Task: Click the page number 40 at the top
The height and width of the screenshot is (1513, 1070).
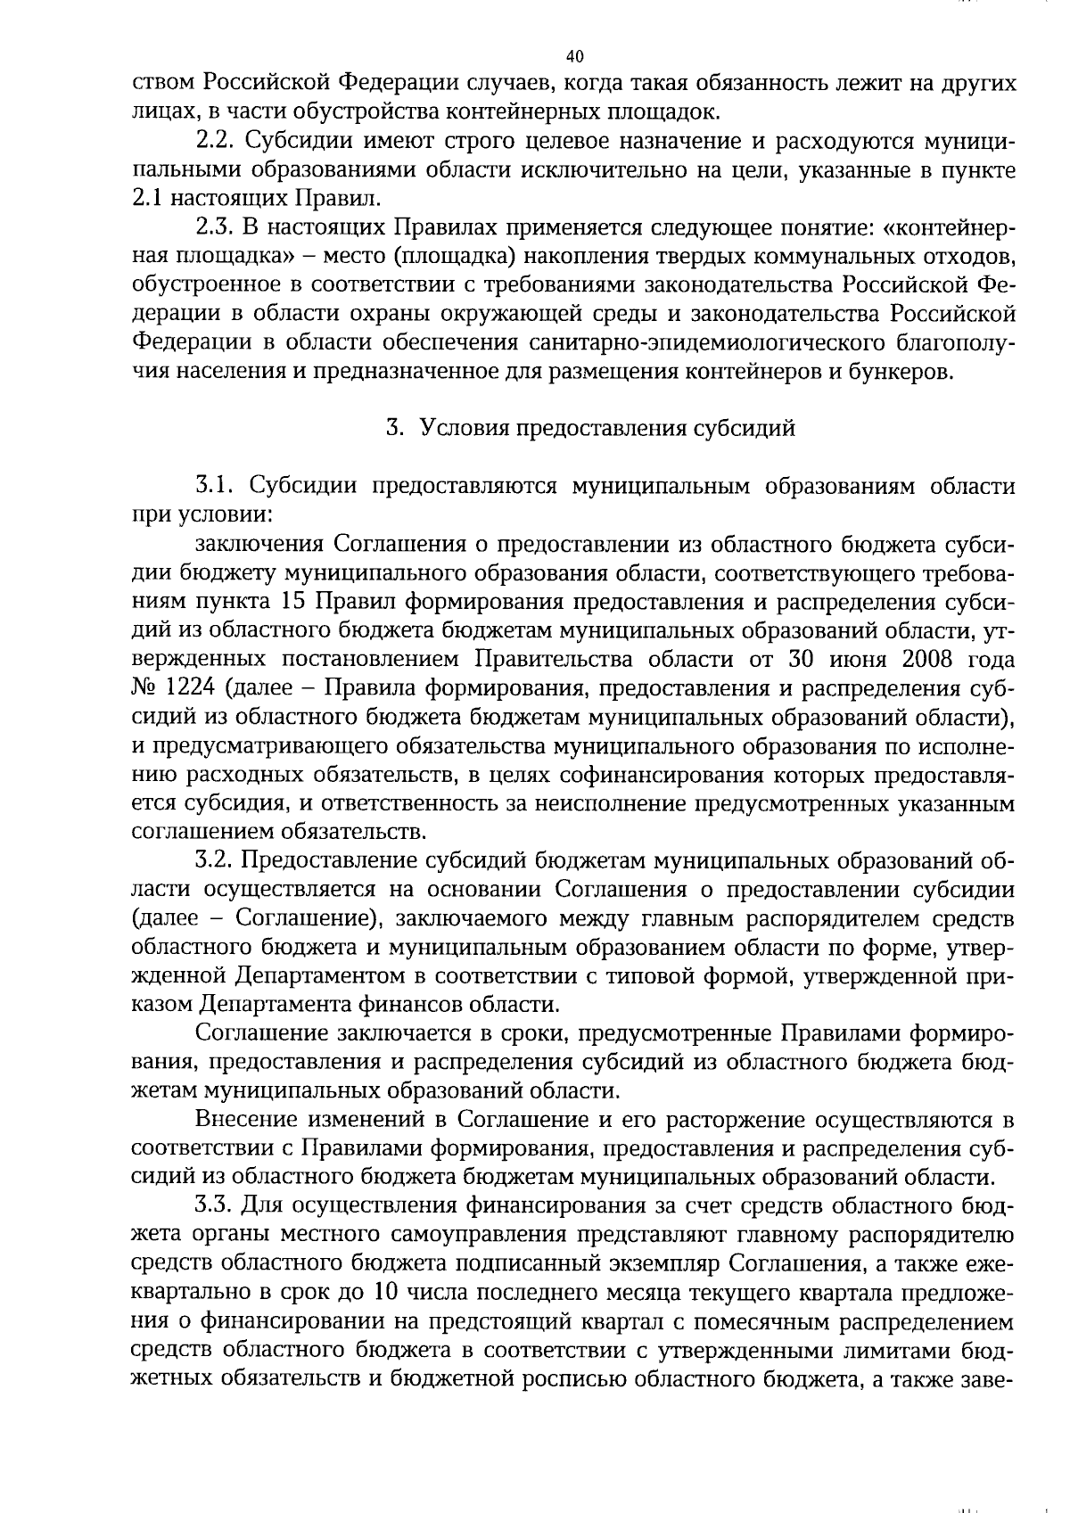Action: point(574,57)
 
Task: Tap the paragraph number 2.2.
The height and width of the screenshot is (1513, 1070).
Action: point(215,142)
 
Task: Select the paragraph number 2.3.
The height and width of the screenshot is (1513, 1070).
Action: point(215,227)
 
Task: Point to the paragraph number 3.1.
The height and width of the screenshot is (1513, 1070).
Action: point(215,486)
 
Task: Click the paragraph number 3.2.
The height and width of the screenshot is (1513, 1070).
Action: point(215,860)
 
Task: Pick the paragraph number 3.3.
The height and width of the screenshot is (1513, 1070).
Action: point(215,1206)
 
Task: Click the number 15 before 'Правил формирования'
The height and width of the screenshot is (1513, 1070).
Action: point(292,602)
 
